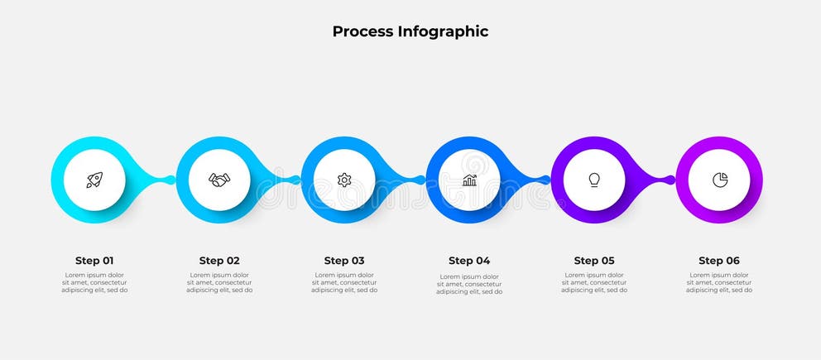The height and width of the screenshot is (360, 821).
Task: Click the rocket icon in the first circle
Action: tap(94, 180)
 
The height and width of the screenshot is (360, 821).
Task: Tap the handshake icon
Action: tap(219, 180)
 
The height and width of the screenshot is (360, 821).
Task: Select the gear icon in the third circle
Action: tap(344, 180)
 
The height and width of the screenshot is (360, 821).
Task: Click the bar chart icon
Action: tap(469, 180)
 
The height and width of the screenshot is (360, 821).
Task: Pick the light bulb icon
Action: tap(594, 180)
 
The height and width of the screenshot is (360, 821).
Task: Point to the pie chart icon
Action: tap(719, 180)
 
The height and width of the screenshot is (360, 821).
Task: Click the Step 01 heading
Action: tap(94, 261)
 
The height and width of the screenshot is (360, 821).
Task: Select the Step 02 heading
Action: tap(219, 261)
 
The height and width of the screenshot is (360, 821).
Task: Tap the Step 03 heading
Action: tap(344, 261)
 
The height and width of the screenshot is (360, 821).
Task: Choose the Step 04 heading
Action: tap(469, 261)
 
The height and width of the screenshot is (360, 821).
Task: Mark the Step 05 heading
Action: tap(594, 261)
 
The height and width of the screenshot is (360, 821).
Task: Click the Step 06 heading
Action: tap(719, 261)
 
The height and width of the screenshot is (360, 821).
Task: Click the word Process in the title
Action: tap(362, 32)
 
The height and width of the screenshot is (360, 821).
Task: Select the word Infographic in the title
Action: tap(443, 32)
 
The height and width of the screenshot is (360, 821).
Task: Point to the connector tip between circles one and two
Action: tap(170, 180)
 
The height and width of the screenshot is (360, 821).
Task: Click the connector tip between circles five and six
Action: tap(670, 180)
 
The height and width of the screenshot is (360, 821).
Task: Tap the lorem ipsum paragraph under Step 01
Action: tap(94, 283)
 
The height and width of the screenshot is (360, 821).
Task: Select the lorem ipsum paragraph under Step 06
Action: tap(719, 283)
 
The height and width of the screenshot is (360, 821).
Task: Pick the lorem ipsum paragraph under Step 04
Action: tap(469, 284)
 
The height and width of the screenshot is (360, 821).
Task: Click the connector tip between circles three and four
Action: tap(420, 180)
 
